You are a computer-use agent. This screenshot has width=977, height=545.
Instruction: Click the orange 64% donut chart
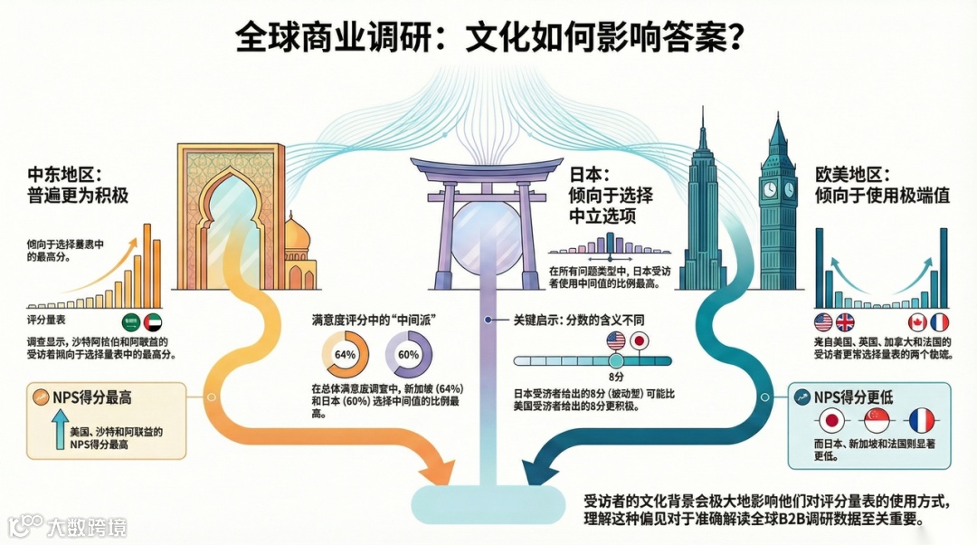click(345, 355)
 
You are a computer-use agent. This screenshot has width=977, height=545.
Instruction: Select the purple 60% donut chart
click(407, 355)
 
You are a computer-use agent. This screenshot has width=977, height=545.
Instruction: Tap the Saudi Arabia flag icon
click(132, 321)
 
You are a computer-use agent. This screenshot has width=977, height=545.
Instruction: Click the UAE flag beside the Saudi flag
click(152, 321)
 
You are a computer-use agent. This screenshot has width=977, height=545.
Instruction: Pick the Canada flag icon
click(917, 321)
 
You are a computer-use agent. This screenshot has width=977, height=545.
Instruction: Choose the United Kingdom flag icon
click(845, 321)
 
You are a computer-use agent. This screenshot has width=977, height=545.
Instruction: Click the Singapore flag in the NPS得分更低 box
click(876, 420)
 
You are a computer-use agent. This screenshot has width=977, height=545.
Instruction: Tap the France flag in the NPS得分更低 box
click(921, 420)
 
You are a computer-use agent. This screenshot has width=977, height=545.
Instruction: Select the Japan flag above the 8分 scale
click(640, 341)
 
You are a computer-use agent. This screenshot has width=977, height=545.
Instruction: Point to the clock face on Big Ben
click(769, 189)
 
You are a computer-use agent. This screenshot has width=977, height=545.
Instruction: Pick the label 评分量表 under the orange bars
click(45, 320)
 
